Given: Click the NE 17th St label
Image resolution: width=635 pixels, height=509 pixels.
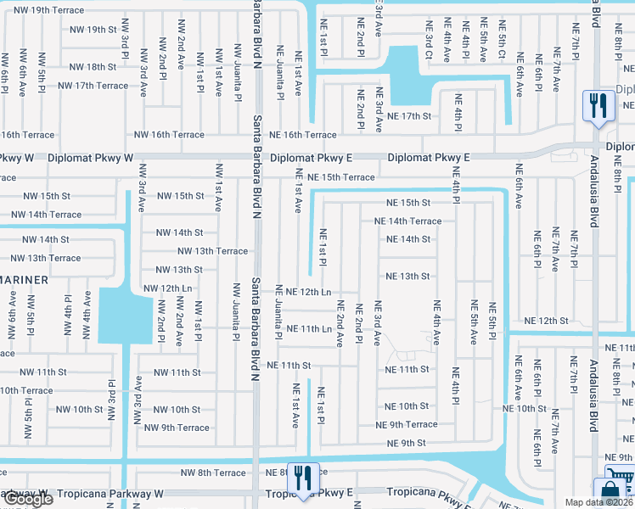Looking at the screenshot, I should point(409,116).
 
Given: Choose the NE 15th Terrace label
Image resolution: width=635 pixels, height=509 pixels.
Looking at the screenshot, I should point(341,177).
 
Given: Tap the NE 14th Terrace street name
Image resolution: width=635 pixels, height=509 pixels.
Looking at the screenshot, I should point(408,221).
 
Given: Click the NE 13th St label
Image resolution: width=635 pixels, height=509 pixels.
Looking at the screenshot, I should point(408,277).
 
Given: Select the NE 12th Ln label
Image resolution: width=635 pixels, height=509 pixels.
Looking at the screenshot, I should point(308,292).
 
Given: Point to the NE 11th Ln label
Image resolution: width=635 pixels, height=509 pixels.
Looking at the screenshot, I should point(308,328).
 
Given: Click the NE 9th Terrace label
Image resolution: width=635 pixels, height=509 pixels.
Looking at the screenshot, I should point(407,424).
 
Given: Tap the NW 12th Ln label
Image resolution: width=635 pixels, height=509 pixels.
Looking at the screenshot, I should point(168,288).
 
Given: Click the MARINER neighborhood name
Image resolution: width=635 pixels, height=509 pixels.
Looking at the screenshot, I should point(23,278).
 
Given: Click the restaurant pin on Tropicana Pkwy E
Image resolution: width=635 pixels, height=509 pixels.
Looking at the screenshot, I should point(303,478).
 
